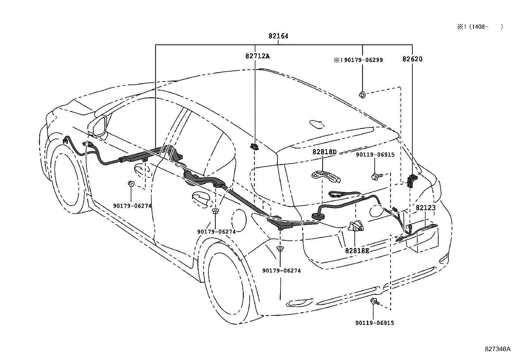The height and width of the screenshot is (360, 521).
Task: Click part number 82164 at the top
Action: (x=278, y=36)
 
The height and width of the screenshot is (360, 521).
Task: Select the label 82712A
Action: (x=258, y=56)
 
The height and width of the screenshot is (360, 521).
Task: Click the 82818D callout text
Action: (x=324, y=152)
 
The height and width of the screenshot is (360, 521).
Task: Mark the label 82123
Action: (x=425, y=208)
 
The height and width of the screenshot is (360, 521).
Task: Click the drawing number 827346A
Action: (x=497, y=349)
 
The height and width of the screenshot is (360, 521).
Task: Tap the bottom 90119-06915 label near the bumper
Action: (x=374, y=323)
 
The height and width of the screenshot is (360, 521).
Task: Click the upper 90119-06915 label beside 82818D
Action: (x=375, y=155)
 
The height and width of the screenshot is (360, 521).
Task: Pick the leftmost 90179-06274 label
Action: (x=132, y=206)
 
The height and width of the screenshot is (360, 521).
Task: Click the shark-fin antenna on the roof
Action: (x=316, y=124)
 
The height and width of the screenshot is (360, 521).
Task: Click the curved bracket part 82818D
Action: (x=326, y=177)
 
